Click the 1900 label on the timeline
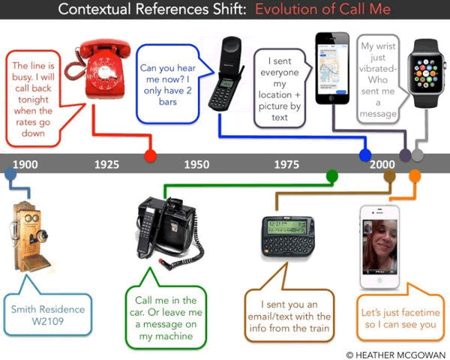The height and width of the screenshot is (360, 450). [25, 164]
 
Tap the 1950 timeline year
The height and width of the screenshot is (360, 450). [196, 164]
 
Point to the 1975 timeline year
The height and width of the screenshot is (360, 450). [286, 164]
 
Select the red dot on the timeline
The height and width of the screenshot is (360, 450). [151, 155]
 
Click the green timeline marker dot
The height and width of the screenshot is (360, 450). [332, 175]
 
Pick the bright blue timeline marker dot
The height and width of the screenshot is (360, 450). [365, 155]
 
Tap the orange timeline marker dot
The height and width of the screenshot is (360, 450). [415, 175]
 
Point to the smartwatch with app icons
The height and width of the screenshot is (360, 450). [426, 73]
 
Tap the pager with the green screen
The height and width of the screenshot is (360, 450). [288, 236]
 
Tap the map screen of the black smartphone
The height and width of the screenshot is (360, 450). [333, 68]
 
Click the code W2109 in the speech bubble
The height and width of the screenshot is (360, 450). [48, 321]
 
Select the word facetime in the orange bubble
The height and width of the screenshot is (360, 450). [422, 312]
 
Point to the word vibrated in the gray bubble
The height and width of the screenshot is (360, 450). [377, 69]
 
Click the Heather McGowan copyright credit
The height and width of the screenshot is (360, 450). [396, 355]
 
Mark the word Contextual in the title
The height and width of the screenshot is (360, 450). [94, 9]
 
